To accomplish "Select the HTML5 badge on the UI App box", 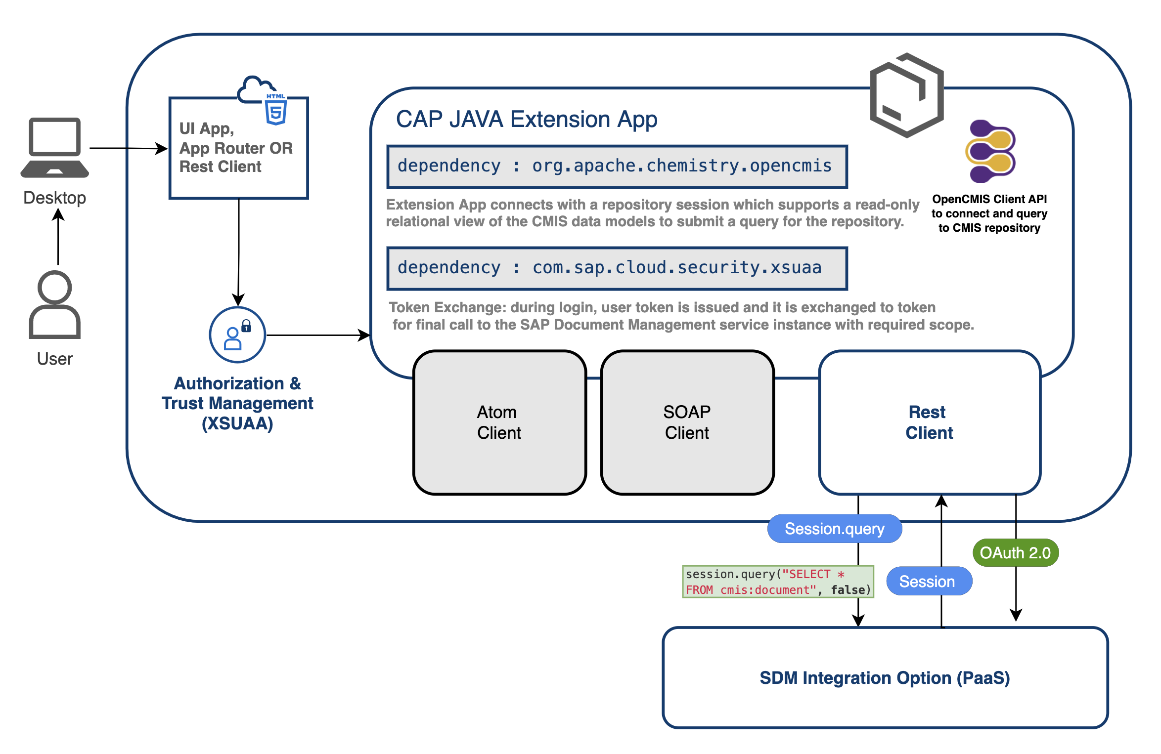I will [x=276, y=110].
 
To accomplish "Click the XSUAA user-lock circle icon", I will [x=237, y=335].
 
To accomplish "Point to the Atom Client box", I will [x=499, y=422].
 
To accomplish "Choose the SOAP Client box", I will [x=687, y=422].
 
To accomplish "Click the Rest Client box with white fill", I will [x=929, y=422].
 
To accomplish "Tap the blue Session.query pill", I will [x=834, y=529].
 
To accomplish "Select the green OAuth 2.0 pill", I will [x=1015, y=552].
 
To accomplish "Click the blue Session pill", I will [x=929, y=582].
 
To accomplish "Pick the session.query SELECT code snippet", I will [x=777, y=582].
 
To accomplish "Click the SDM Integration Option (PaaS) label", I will [x=885, y=678].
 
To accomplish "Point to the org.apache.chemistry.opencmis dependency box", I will [x=617, y=167].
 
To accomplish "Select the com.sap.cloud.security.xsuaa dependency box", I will [x=617, y=268].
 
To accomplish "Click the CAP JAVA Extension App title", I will [x=527, y=120].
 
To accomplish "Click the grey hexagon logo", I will [x=906, y=95].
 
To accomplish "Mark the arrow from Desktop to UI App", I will [x=129, y=148].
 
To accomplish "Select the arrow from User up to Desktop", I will [x=58, y=237].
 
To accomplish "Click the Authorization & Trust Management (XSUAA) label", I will [x=237, y=403].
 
